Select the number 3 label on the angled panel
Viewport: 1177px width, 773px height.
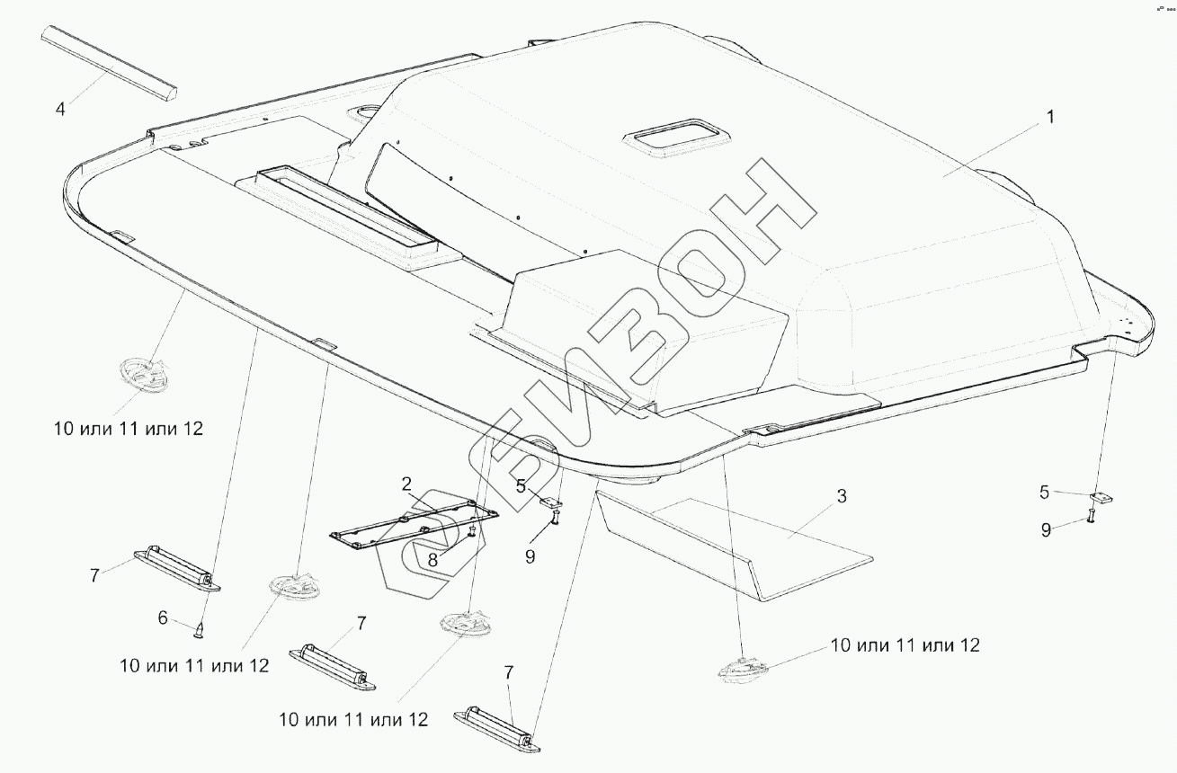841,496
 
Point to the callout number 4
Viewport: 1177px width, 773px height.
60,110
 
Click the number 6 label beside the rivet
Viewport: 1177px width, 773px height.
163,618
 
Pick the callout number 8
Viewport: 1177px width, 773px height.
432,558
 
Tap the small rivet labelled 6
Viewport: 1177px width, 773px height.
200,629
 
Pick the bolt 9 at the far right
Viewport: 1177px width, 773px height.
1091,516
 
